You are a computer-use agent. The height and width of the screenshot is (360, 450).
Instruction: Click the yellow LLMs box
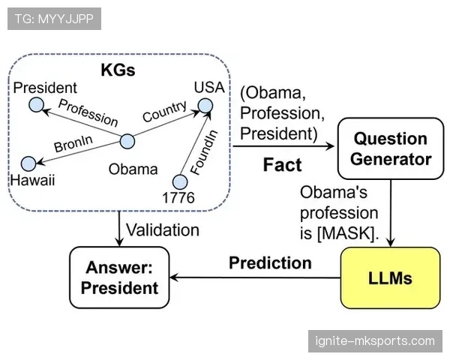click(390, 278)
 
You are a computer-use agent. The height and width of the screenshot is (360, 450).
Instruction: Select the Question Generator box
click(391, 148)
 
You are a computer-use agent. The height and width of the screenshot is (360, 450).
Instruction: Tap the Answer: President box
click(119, 277)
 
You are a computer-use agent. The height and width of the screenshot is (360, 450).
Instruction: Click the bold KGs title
click(118, 70)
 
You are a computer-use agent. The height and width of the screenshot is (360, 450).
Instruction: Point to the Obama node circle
click(127, 141)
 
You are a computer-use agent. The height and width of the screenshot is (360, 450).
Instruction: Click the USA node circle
click(205, 106)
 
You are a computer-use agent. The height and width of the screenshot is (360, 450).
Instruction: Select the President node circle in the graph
click(37, 104)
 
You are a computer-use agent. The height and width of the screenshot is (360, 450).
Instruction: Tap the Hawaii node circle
click(28, 164)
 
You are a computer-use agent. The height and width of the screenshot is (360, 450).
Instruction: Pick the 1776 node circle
click(180, 181)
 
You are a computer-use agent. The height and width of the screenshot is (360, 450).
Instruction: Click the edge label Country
click(165, 111)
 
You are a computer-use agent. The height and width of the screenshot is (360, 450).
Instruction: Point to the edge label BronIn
click(73, 143)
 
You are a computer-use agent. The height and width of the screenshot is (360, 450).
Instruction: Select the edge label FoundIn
click(204, 152)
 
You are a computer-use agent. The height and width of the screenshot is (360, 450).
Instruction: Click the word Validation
click(163, 230)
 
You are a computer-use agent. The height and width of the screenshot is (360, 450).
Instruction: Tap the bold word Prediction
click(270, 262)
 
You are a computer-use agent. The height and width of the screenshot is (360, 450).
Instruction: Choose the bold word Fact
click(283, 165)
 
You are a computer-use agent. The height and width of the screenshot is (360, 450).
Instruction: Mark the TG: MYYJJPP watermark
click(54, 19)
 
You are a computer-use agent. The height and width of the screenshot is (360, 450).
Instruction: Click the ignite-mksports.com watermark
click(375, 341)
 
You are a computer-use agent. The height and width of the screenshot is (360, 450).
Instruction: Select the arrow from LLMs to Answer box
click(256, 277)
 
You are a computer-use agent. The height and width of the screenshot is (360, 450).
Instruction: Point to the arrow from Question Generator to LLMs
click(391, 213)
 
